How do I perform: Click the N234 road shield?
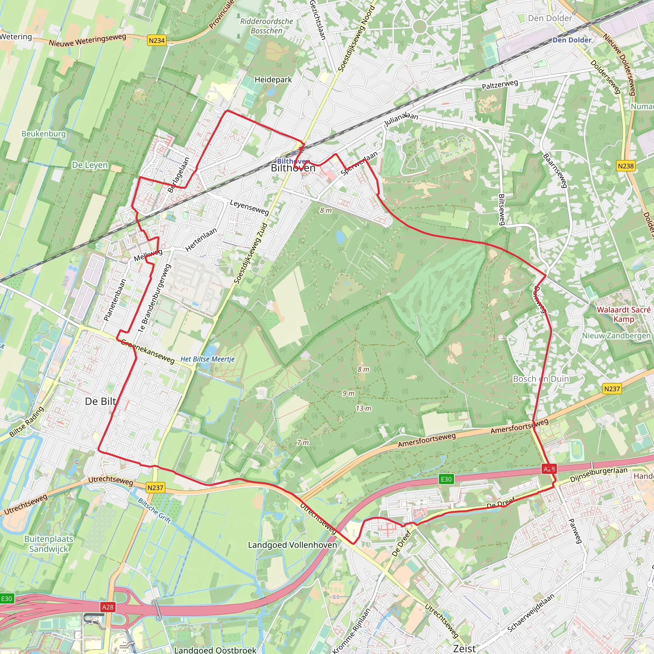tap(157, 41)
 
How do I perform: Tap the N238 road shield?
tap(626, 166)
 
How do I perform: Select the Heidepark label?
tap(273, 80)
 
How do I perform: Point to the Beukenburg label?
tap(44, 134)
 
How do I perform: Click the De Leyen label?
tap(90, 165)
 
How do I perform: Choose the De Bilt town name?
tap(101, 401)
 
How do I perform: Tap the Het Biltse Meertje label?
tap(208, 359)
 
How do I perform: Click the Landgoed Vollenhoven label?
tap(293, 545)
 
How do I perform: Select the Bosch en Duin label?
tap(541, 379)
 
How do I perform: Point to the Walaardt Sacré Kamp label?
tap(624, 315)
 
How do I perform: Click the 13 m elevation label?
tap(363, 408)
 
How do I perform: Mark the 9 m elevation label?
tap(348, 393)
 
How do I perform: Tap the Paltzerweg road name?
tap(500, 85)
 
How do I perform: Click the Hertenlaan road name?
tap(201, 240)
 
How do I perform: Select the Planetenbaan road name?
tap(115, 300)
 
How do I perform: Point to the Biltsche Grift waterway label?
tap(154, 511)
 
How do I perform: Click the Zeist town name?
tap(464, 648)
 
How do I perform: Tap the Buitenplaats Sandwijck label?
tap(49, 544)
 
